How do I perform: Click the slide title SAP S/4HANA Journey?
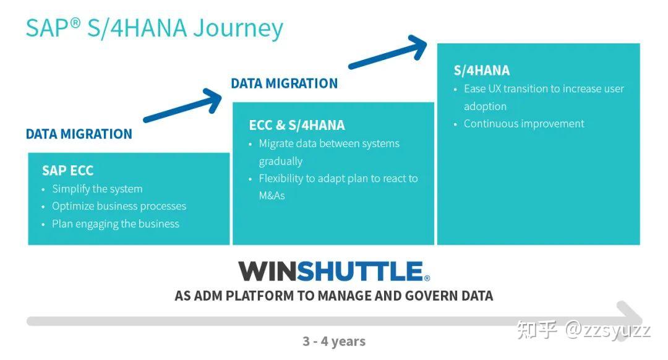pyautogui.click(x=154, y=28)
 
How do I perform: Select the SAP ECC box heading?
pyautogui.click(x=67, y=171)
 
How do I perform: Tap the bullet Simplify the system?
pyautogui.click(x=97, y=189)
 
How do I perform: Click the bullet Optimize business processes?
pyautogui.click(x=119, y=206)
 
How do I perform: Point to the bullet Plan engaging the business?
pyautogui.click(x=115, y=224)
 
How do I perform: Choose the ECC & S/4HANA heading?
pyautogui.click(x=296, y=125)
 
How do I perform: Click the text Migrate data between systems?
pyautogui.click(x=328, y=144)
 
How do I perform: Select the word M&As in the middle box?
pyautogui.click(x=272, y=195)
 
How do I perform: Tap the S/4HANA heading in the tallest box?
pyautogui.click(x=482, y=71)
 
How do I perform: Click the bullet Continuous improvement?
pyautogui.click(x=523, y=124)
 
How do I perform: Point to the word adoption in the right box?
pyautogui.click(x=485, y=106)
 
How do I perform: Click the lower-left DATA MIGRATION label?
pyautogui.click(x=79, y=134)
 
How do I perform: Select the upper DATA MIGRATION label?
pyautogui.click(x=285, y=84)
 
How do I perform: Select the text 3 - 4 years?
pyautogui.click(x=333, y=341)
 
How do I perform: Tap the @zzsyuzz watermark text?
pyautogui.click(x=607, y=329)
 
